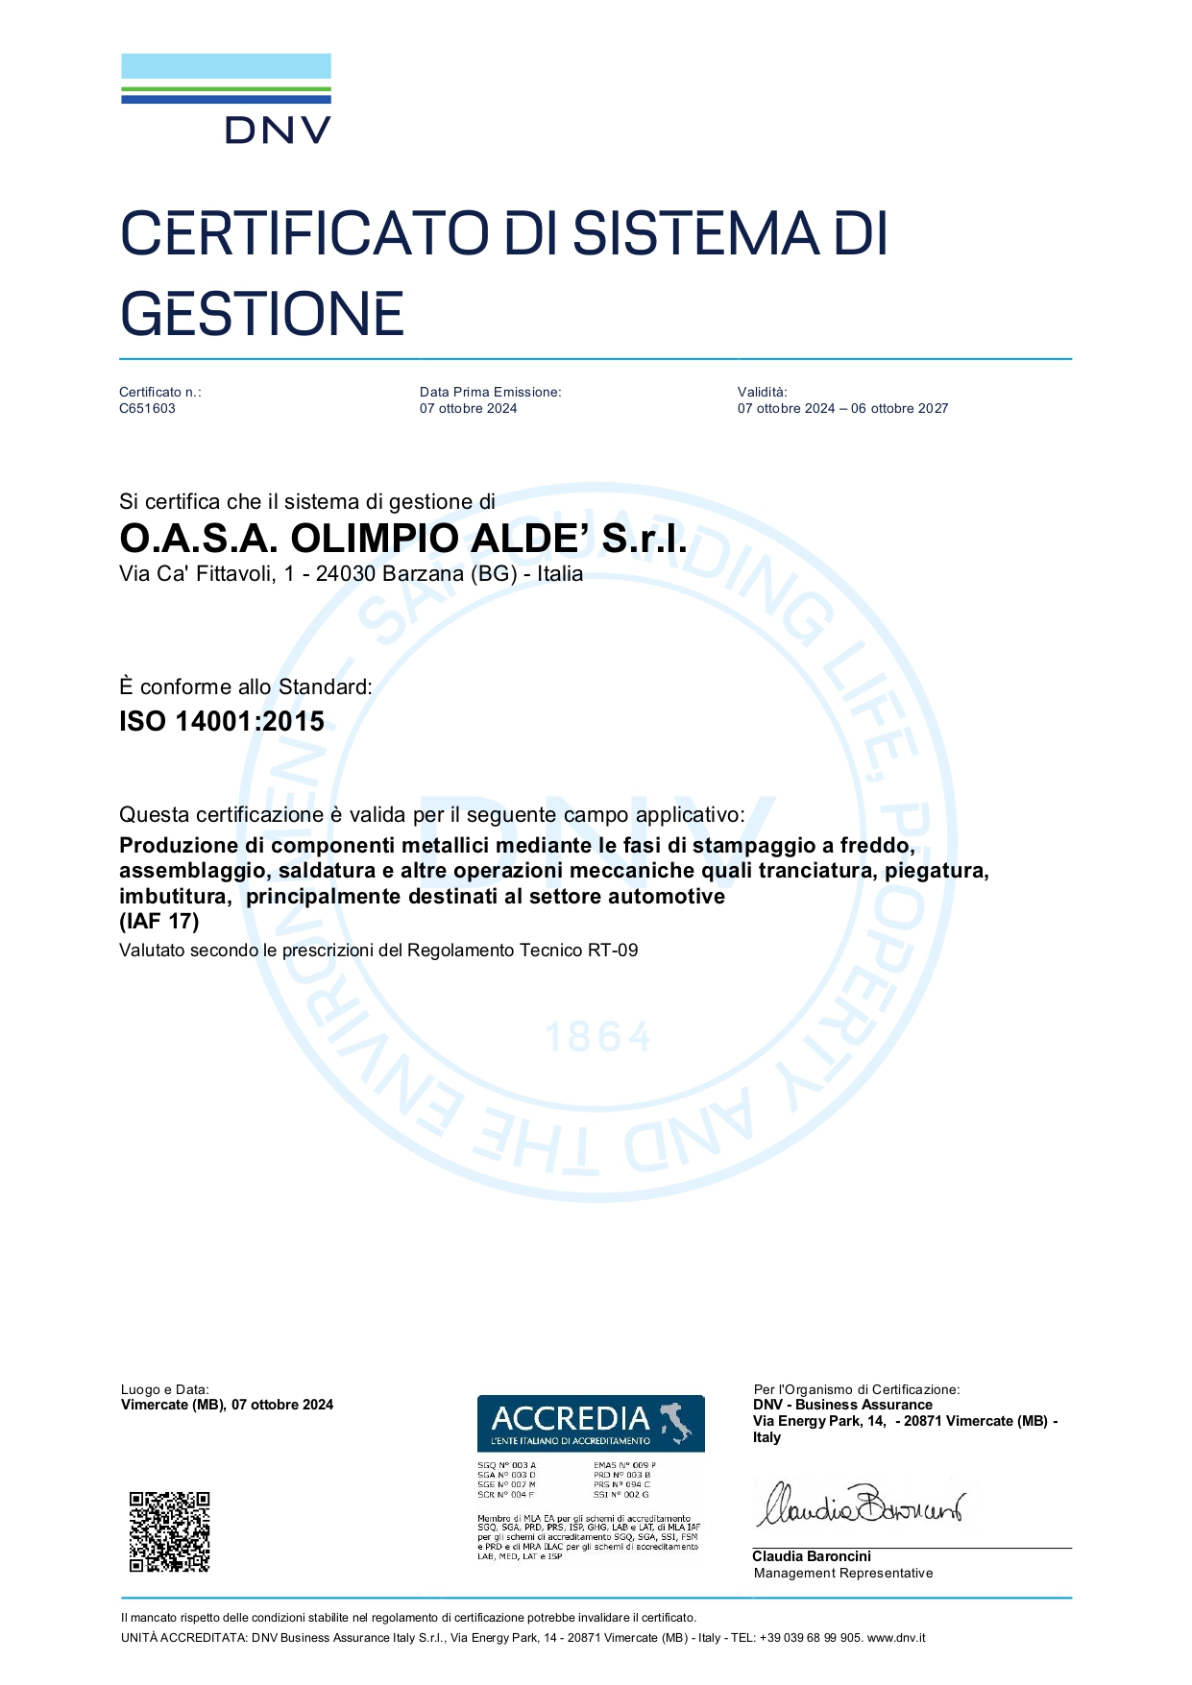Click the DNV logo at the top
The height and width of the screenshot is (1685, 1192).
tap(226, 99)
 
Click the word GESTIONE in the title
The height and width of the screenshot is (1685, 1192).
tap(261, 314)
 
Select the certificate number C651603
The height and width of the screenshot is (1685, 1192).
tap(147, 408)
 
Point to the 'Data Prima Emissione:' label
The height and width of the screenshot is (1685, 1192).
tap(490, 392)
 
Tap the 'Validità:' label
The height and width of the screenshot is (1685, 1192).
tap(762, 392)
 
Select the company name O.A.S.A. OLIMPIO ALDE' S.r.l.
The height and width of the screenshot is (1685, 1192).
tap(403, 539)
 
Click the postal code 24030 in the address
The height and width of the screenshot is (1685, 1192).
tap(346, 574)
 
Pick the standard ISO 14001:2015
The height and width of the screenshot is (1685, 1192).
tap(222, 721)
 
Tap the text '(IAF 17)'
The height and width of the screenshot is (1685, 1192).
tap(159, 921)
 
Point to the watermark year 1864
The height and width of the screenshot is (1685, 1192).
tap(598, 1037)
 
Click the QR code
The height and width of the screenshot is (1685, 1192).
tap(169, 1531)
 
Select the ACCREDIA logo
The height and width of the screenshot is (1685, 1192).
tap(591, 1423)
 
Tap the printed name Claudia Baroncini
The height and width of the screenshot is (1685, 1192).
tap(812, 1556)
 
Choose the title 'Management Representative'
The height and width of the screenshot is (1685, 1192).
tap(843, 1573)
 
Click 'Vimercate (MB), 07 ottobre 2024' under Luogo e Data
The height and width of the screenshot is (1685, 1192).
tap(227, 1405)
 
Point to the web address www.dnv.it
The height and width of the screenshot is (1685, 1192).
tap(896, 1638)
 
